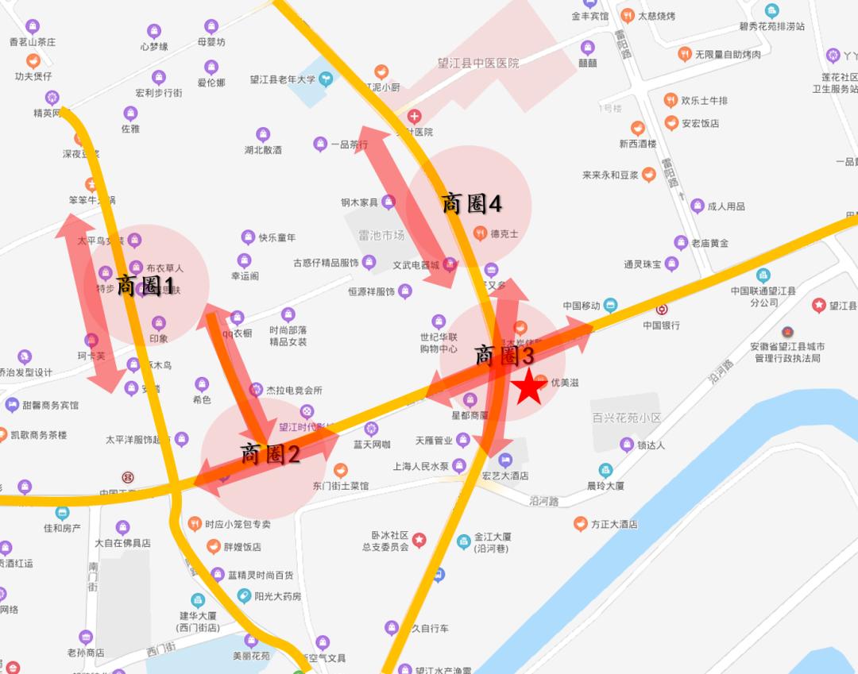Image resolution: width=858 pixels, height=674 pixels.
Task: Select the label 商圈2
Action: [x=270, y=454]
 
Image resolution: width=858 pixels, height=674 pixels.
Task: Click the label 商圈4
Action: [x=472, y=204]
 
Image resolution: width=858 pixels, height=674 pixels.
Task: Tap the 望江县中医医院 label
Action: [x=478, y=63]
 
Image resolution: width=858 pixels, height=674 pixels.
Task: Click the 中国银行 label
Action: [x=662, y=325]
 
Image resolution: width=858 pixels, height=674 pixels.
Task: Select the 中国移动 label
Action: [x=582, y=306]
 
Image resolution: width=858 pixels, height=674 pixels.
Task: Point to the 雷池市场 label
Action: [x=381, y=235]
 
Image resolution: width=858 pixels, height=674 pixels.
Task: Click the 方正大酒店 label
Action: [x=614, y=524]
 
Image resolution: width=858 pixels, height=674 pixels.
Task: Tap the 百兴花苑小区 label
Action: [x=627, y=418]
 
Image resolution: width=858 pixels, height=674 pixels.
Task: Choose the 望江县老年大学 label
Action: [x=283, y=79]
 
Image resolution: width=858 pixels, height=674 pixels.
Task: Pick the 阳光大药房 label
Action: [x=278, y=596]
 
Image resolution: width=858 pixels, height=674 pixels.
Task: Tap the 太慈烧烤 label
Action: [x=656, y=16]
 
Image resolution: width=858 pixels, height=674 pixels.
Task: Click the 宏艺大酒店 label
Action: [x=505, y=476]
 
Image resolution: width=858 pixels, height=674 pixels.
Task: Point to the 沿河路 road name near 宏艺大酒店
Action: [x=543, y=501]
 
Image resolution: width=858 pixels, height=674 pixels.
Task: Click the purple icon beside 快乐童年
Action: [x=249, y=237]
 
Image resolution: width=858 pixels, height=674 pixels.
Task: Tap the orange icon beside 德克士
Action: [x=479, y=233]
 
